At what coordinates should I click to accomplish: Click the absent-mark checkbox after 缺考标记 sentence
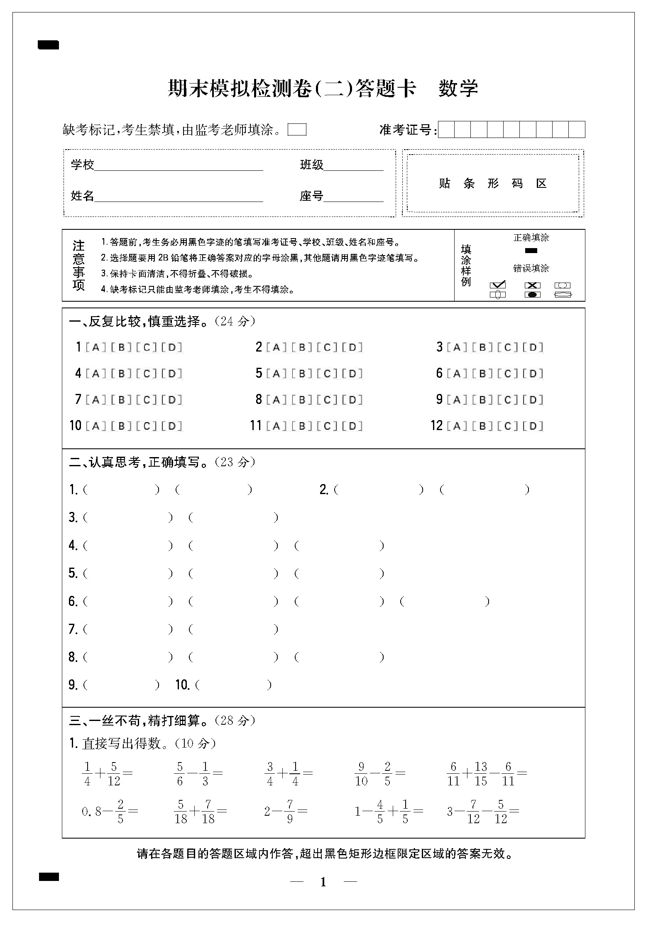pyautogui.click(x=297, y=130)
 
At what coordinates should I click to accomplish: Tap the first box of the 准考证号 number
pyautogui.click(x=446, y=130)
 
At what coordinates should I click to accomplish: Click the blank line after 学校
pyautogui.click(x=179, y=166)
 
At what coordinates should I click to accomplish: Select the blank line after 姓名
pyautogui.click(x=179, y=197)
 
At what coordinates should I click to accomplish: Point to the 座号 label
pyautogui.click(x=311, y=196)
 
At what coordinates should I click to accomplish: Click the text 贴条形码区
pyautogui.click(x=493, y=183)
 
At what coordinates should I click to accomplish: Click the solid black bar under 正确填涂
pyautogui.click(x=531, y=251)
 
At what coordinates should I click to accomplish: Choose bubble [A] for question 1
pyautogui.click(x=96, y=347)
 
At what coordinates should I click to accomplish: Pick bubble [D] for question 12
pyautogui.click(x=533, y=426)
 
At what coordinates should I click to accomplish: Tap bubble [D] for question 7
pyautogui.click(x=172, y=399)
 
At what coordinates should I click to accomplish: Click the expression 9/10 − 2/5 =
pyautogui.click(x=379, y=774)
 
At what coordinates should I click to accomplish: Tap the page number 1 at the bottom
pyautogui.click(x=323, y=882)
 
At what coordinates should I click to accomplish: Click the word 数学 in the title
pyautogui.click(x=458, y=89)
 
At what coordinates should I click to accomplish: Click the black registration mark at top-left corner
pyautogui.click(x=48, y=45)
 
